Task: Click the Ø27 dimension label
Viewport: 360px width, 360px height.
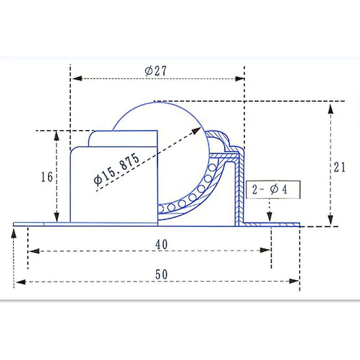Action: pyautogui.click(x=156, y=71)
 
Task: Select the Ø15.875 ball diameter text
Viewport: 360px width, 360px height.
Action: pyautogui.click(x=116, y=168)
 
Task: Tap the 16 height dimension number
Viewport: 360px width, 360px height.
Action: pyautogui.click(x=47, y=177)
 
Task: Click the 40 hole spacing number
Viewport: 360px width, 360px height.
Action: pyautogui.click(x=162, y=244)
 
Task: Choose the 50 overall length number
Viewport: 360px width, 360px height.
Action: pyautogui.click(x=162, y=274)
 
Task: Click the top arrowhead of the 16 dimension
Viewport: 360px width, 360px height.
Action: pyautogui.click(x=57, y=136)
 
